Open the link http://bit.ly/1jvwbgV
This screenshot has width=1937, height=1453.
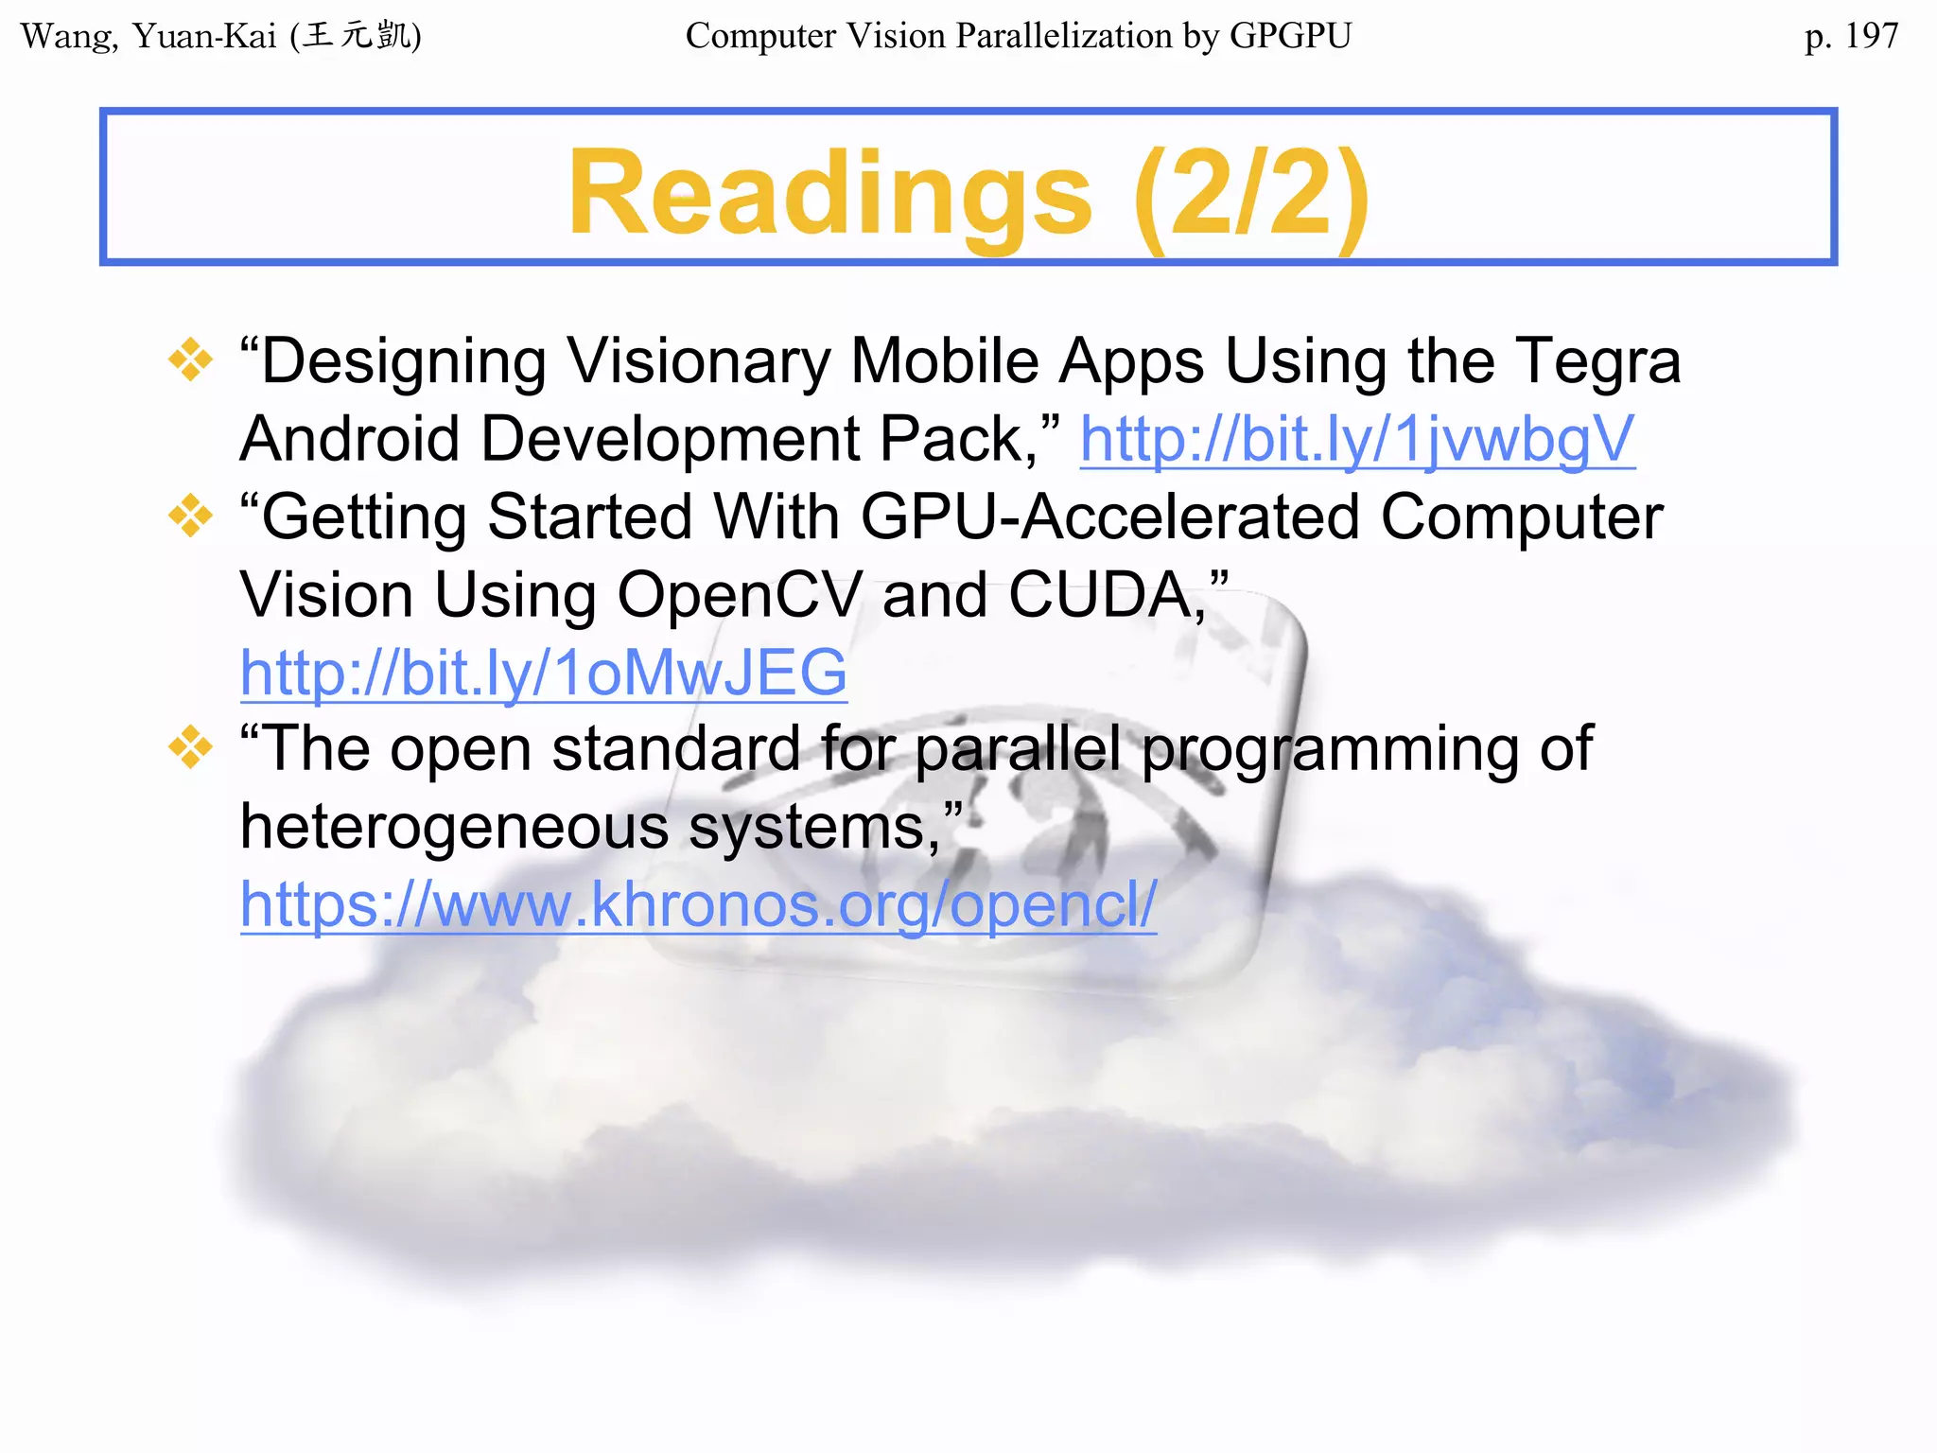click(1357, 440)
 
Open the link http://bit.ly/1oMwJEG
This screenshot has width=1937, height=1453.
click(544, 673)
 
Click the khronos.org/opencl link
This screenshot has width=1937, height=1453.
click(698, 905)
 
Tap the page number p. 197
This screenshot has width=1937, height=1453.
click(1851, 36)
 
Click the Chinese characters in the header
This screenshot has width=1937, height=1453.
click(359, 36)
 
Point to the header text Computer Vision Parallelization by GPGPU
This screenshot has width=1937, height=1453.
click(1019, 36)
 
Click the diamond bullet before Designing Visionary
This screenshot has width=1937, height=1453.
click(190, 360)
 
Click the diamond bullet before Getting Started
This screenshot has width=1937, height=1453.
click(190, 516)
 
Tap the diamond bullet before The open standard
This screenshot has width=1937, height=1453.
click(190, 748)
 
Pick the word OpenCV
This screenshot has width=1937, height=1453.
click(740, 595)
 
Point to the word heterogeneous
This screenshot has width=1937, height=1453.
click(455, 828)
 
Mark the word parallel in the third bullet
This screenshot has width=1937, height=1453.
click(1018, 748)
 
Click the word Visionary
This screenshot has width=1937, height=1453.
click(699, 362)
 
